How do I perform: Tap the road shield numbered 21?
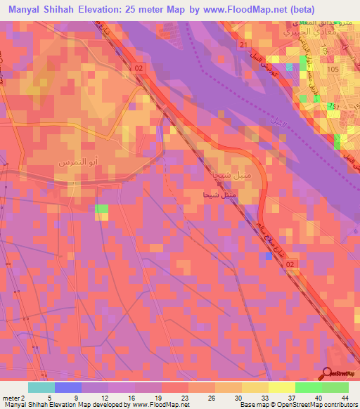[x=243, y=46]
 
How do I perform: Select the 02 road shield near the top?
[x=139, y=67]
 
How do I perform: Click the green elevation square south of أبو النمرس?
[x=102, y=209]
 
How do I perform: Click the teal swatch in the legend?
[x=41, y=387]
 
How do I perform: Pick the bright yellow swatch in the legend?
[x=282, y=387]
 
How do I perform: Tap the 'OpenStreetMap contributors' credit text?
[x=315, y=404]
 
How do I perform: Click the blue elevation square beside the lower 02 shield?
[x=268, y=257]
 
